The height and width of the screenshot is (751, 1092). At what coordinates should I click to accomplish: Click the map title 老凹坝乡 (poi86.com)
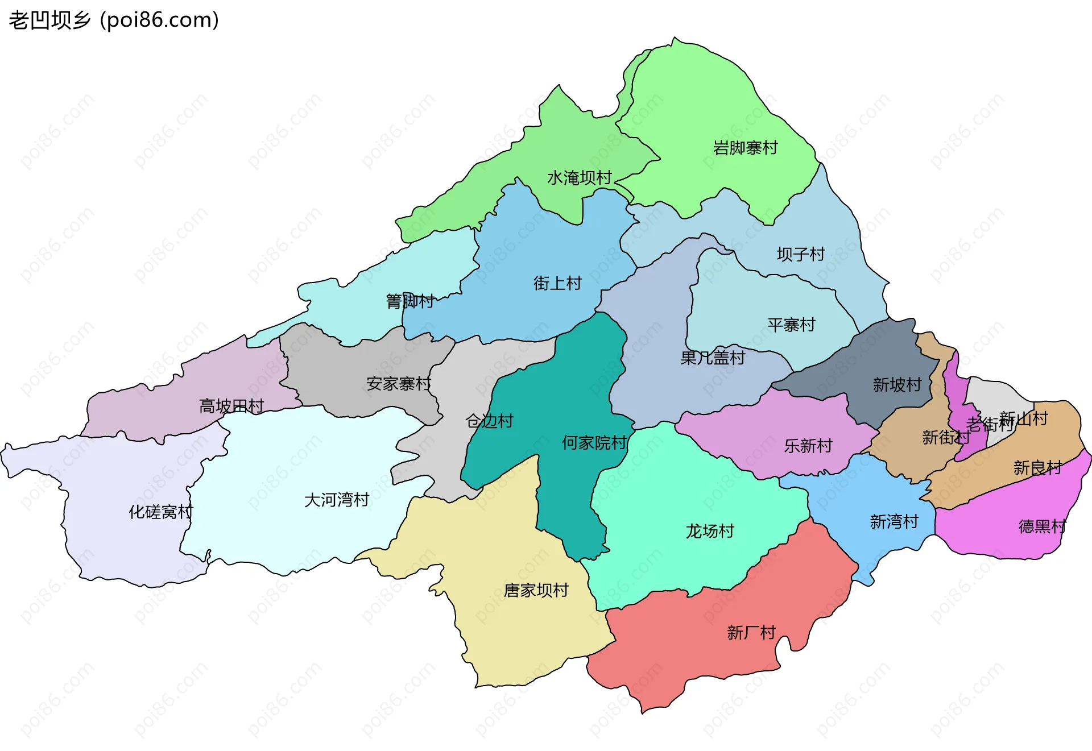[x=114, y=20]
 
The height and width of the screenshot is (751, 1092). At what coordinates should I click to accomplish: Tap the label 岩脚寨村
[x=745, y=148]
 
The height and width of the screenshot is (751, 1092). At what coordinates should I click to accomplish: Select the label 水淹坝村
[x=579, y=179]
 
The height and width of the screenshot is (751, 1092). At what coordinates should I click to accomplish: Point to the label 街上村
[x=557, y=283]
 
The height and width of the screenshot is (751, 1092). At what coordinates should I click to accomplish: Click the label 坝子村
[x=801, y=254]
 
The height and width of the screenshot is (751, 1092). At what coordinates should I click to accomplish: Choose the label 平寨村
[x=791, y=325]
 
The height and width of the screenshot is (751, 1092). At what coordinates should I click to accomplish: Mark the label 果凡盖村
[x=713, y=358]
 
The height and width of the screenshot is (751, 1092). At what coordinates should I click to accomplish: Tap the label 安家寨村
[x=399, y=384]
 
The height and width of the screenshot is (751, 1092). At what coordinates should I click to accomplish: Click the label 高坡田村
[x=231, y=406]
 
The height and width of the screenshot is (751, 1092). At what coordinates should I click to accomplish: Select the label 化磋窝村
[x=161, y=512]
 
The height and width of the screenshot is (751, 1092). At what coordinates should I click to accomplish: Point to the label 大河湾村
[x=337, y=500]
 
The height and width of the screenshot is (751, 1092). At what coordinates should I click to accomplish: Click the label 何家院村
[x=594, y=443]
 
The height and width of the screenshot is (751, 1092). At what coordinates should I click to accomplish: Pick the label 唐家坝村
[x=536, y=591]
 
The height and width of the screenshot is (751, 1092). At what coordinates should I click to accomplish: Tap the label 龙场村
[x=710, y=532]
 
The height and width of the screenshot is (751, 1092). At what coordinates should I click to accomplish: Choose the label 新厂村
[x=751, y=633]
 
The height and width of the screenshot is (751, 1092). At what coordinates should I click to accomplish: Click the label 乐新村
[x=808, y=446]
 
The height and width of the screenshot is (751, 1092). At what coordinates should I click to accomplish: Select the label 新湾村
[x=894, y=522]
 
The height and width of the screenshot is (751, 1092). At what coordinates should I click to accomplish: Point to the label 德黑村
[x=1042, y=526]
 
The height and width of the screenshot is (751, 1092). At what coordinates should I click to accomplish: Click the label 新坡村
[x=897, y=385]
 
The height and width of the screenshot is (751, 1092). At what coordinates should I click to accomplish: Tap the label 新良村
[x=1037, y=468]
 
